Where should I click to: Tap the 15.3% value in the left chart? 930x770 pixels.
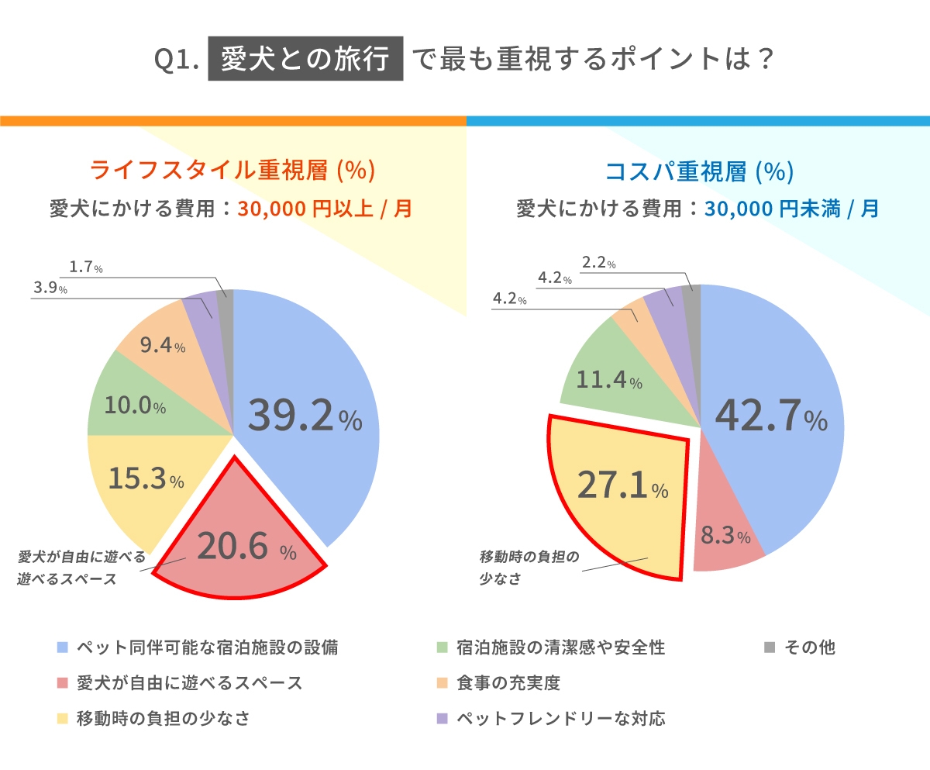point(146,479)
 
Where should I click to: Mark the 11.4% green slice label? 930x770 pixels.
point(609,381)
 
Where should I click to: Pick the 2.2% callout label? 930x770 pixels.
point(598,264)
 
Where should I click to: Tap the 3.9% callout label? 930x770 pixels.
point(50,288)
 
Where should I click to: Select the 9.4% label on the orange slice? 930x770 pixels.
point(162,346)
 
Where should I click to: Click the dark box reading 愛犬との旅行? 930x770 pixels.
point(305,60)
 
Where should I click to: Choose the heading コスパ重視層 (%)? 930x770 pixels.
point(698,171)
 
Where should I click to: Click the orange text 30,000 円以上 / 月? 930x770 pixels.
point(325,209)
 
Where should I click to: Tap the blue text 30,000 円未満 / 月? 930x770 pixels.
point(791,209)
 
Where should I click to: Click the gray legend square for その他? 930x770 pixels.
point(770,647)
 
